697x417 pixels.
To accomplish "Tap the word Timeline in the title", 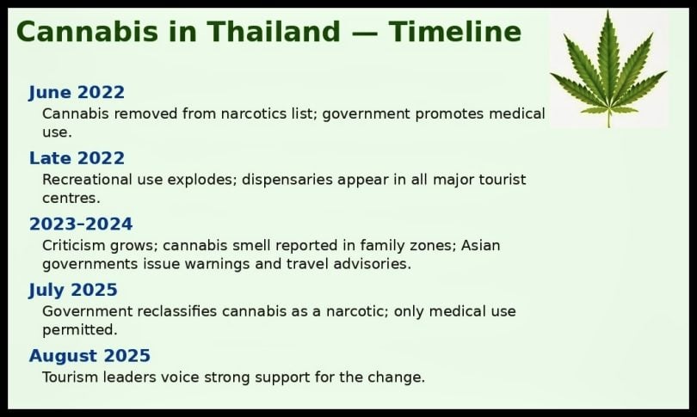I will pyautogui.click(x=454, y=32).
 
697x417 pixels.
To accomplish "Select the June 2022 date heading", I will pyautogui.click(x=77, y=93).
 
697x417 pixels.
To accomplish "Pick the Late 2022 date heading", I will pyautogui.click(x=77, y=158).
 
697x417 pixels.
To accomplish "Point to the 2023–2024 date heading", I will pyautogui.click(x=81, y=224).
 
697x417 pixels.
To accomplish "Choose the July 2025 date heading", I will pyautogui.click(x=73, y=290).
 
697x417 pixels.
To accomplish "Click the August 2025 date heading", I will pyautogui.click(x=89, y=356).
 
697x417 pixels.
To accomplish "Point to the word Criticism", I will pyautogui.click(x=75, y=245).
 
